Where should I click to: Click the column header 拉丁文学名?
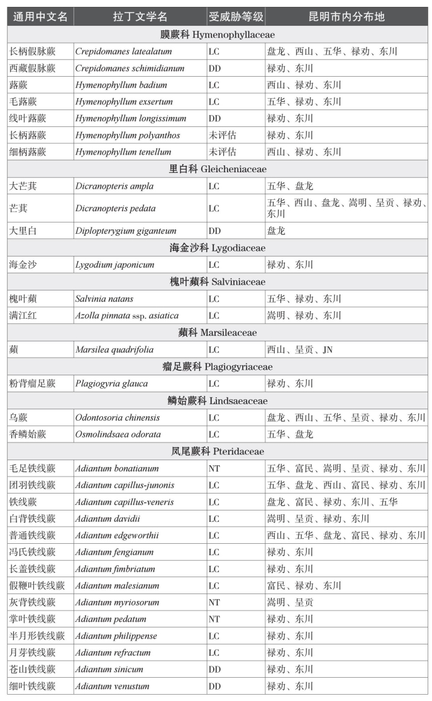pyautogui.click(x=140, y=16)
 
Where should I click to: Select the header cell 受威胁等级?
pyautogui.click(x=234, y=16)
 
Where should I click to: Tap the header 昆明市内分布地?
pyautogui.click(x=346, y=16)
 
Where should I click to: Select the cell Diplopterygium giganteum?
pyautogui.click(x=126, y=231)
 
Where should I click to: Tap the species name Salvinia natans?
pyautogui.click(x=104, y=299)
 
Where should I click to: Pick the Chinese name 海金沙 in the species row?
pyautogui.click(x=23, y=265)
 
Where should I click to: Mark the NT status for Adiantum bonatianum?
pyautogui.click(x=214, y=468)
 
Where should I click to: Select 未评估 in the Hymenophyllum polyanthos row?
pyautogui.click(x=223, y=135)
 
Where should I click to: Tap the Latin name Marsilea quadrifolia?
pyautogui.click(x=114, y=350)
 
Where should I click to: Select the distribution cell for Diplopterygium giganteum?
pyautogui.click(x=276, y=231)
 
